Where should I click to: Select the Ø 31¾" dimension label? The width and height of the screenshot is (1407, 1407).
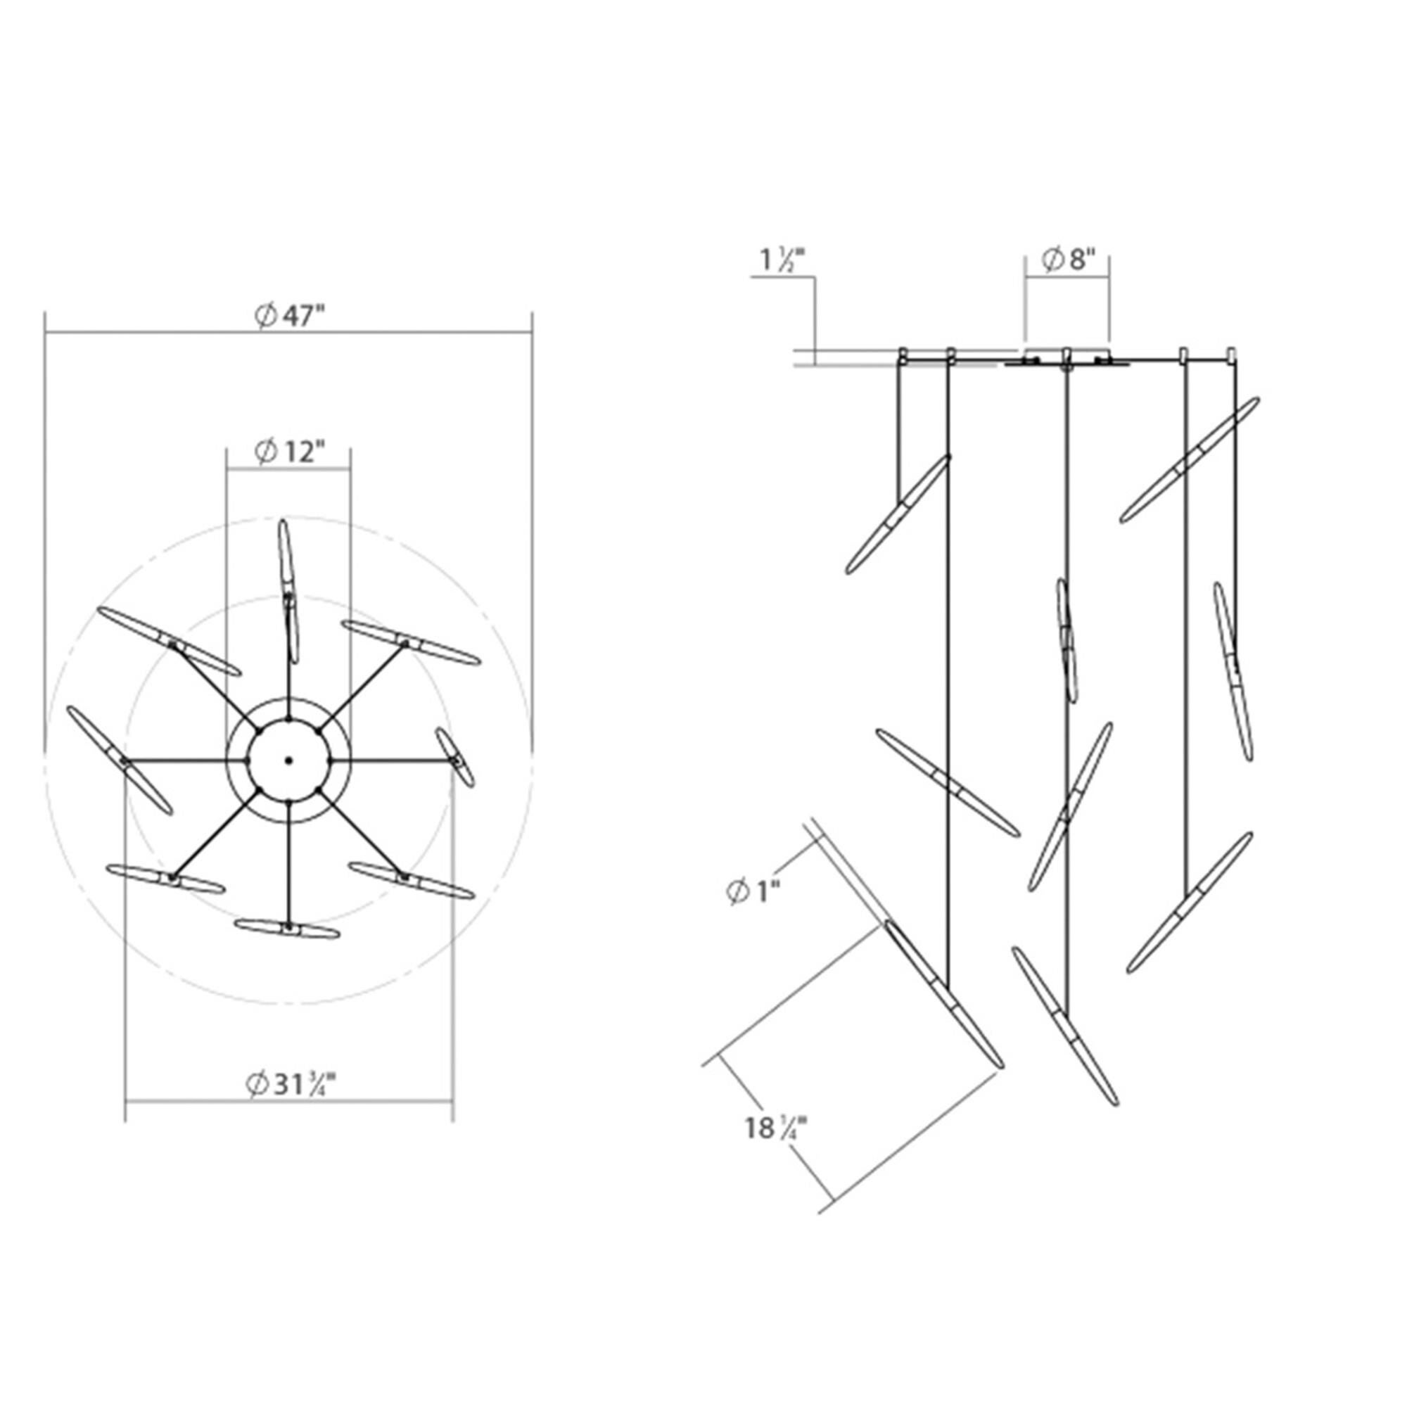[x=291, y=1084]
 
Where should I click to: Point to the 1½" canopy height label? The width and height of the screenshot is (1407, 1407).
[x=783, y=260]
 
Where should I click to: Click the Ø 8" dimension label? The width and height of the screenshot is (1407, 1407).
[x=1069, y=260]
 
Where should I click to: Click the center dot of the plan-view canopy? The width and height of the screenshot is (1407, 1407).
[x=288, y=760]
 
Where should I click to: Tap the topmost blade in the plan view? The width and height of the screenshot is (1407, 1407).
[x=288, y=592]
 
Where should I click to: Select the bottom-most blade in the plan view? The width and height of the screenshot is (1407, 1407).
[x=288, y=929]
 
